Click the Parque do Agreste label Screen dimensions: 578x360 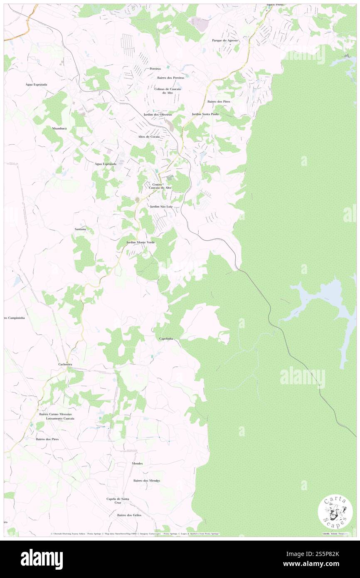pyautogui.click(x=225, y=40)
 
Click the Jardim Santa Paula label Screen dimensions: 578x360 pyautogui.click(x=205, y=114)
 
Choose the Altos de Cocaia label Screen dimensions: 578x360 pyautogui.click(x=149, y=136)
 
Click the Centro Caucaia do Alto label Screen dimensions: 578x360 pyautogui.click(x=160, y=186)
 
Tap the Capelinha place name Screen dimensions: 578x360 pyautogui.click(x=169, y=339)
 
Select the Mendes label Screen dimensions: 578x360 pyautogui.click(x=137, y=463)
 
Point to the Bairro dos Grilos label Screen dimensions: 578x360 pyautogui.click(x=129, y=515)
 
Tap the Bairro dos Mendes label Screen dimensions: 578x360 pyautogui.click(x=147, y=481)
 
